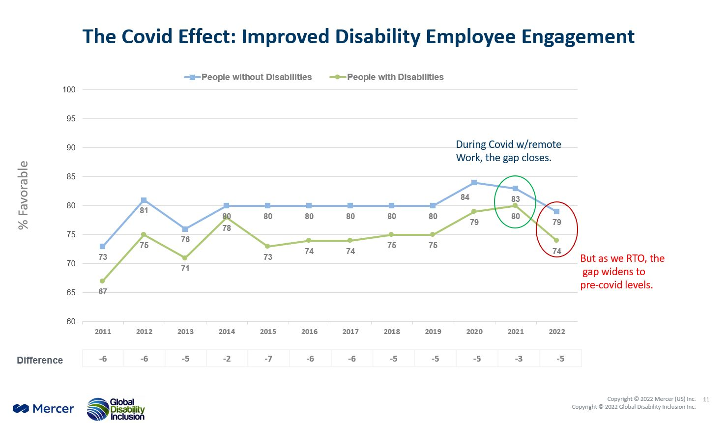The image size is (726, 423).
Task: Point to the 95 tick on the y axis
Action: click(69, 119)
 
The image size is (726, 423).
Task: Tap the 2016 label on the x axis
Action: click(309, 332)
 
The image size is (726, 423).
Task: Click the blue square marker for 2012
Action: click(144, 200)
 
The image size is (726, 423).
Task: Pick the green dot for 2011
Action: click(102, 282)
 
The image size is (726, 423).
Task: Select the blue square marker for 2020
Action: click(474, 183)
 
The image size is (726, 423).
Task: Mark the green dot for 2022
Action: click(556, 240)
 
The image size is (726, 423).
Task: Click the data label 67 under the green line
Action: click(102, 291)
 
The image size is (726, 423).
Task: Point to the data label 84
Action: click(465, 197)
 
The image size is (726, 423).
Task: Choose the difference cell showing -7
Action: click(268, 359)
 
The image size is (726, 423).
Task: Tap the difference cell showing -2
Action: click(227, 359)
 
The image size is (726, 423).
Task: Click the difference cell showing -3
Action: click(519, 359)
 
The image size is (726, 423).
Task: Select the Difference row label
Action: click(40, 360)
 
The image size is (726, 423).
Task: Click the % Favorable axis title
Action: click(23, 195)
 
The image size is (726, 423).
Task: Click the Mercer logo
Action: click(43, 409)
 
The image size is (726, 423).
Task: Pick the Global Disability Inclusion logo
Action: click(116, 409)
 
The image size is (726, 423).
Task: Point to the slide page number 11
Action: click(706, 399)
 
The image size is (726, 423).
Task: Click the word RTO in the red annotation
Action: click(637, 258)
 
